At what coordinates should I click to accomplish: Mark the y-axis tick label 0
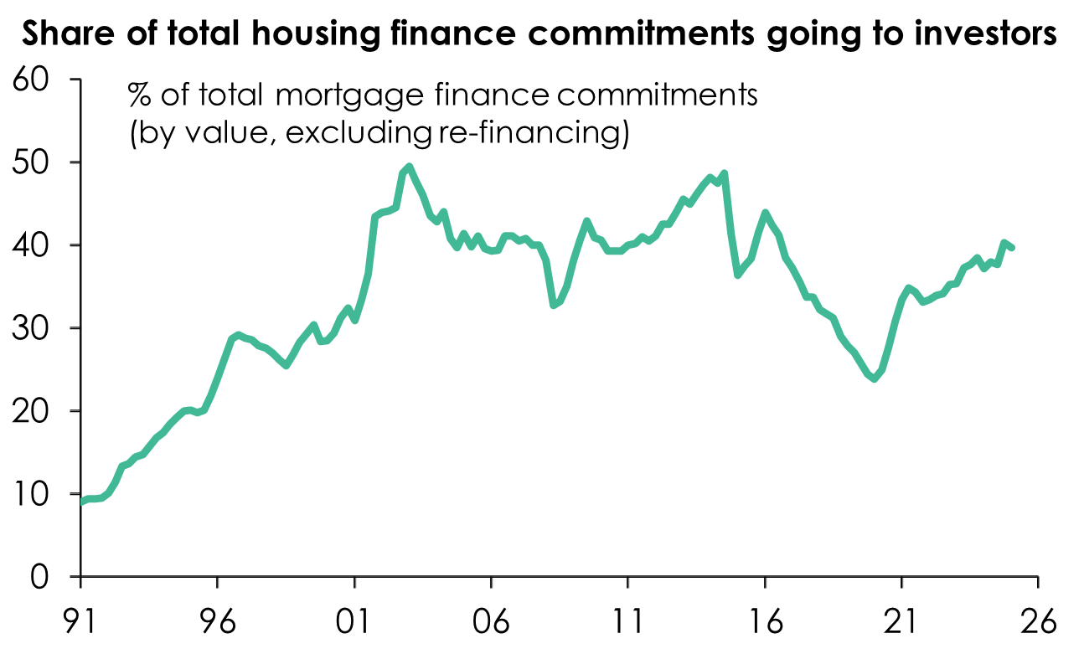(46, 577)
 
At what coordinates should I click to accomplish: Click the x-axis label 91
(80, 622)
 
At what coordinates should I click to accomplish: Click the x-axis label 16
(764, 622)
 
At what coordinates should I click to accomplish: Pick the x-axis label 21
(901, 622)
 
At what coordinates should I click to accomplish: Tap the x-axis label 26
(1038, 622)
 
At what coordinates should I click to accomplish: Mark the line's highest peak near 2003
(409, 166)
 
